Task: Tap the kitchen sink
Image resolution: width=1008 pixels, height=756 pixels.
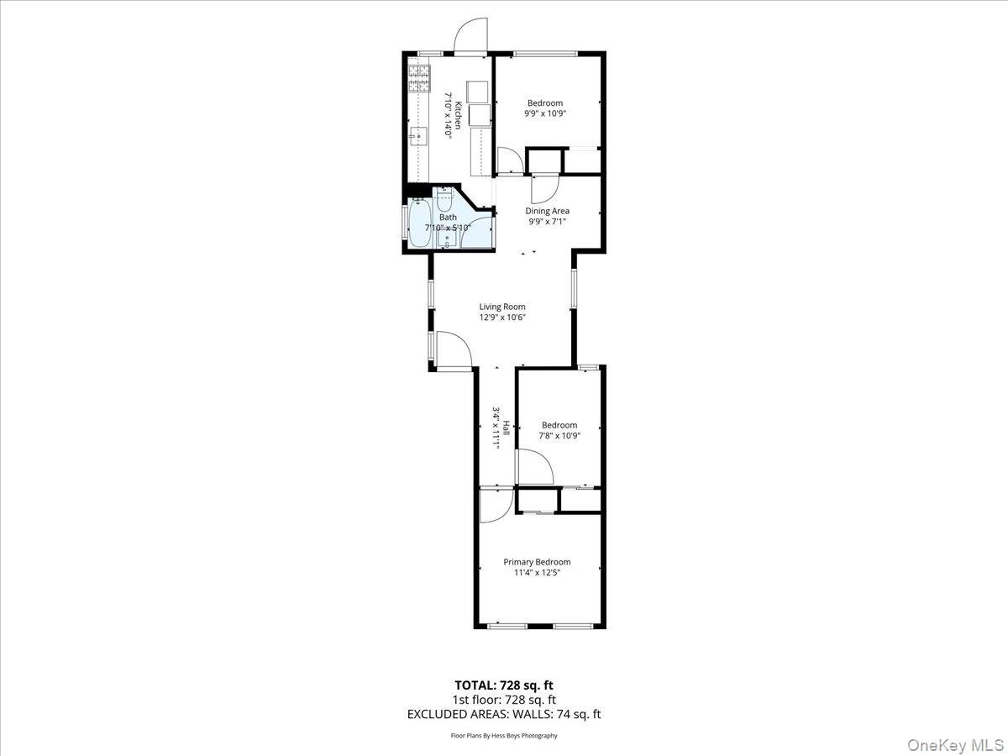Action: click(418, 134)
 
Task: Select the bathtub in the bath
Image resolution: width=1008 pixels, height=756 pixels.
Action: click(419, 224)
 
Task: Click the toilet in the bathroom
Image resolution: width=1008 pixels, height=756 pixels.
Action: click(444, 202)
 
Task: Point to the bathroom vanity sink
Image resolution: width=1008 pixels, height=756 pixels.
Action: click(444, 239)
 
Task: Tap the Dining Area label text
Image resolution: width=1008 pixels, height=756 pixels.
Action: click(548, 211)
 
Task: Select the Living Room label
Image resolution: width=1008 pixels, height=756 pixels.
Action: click(502, 307)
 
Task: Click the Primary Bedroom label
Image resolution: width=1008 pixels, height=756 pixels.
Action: click(537, 562)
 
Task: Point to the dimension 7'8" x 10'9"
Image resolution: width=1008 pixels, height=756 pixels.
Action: click(559, 435)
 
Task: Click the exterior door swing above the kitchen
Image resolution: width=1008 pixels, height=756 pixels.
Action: click(470, 38)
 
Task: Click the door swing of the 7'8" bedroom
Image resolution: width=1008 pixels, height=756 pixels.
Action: click(533, 467)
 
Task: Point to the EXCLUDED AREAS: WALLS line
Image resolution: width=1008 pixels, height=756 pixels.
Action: click(503, 715)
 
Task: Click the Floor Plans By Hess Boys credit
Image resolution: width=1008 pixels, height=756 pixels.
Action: click(503, 736)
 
